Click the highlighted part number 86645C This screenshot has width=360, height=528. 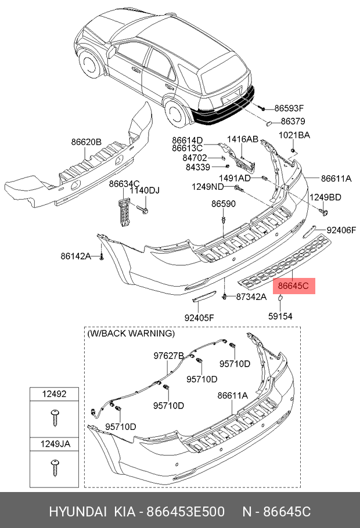coord(293,286)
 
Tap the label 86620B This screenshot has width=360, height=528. coord(86,142)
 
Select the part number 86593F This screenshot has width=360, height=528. coord(289,108)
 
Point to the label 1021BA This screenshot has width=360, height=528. coord(294,135)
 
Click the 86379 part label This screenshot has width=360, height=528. coord(293,121)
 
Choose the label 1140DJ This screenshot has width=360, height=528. coord(145,190)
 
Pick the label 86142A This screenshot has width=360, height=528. coord(76,256)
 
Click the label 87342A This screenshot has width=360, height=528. coord(251,296)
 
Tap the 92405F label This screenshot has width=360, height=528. coord(199,317)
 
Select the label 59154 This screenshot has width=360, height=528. coord(280,316)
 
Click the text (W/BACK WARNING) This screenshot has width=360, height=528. coord(131,334)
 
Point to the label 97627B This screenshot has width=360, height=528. coord(168,356)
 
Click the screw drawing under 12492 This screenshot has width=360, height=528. coord(55,418)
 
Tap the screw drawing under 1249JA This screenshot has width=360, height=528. coord(55,468)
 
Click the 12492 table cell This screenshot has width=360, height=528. coord(54,394)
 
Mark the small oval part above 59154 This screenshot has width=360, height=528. coord(280,297)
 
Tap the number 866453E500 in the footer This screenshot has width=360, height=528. coord(185,512)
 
